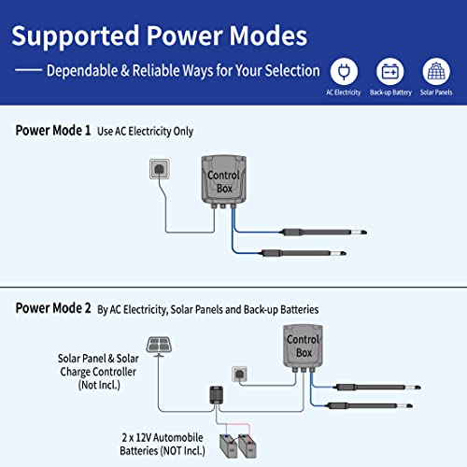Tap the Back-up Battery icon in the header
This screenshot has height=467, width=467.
tap(391, 71)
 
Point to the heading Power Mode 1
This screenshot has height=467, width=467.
tap(53, 131)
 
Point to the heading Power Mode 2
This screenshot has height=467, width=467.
tap(53, 308)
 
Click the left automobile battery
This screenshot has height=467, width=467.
tap(228, 443)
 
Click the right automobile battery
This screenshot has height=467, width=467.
tap(249, 443)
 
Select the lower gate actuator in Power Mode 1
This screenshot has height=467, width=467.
tap(309, 250)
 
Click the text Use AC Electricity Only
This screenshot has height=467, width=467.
tap(145, 132)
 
